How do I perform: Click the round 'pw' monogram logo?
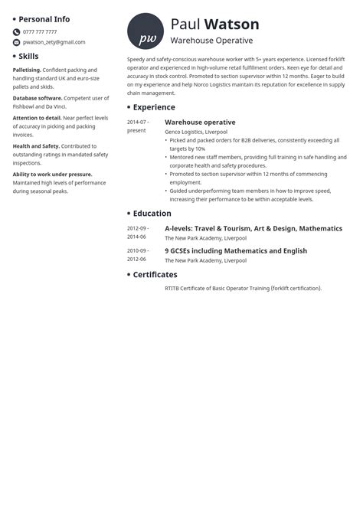pos(145,31)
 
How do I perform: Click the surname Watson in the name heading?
pos(232,25)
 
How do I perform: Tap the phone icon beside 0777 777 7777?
pos(16,32)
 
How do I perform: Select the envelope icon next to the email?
pos(16,43)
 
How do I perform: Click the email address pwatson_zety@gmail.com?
pos(54,43)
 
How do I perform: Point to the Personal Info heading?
pos(44,19)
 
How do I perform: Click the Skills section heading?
pos(28,57)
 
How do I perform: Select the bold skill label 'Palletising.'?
pos(27,70)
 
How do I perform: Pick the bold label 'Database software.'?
pos(38,98)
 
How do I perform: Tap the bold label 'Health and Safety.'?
pos(36,146)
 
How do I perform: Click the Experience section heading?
pos(154,107)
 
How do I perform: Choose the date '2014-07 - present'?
pos(138,126)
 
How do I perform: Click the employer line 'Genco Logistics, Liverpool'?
pos(196,132)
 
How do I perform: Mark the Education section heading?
pos(152,214)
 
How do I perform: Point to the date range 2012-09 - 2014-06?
pos(138,233)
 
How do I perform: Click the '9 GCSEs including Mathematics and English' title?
pos(236,250)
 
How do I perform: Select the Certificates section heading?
pos(155,274)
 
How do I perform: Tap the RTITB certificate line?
pos(243,289)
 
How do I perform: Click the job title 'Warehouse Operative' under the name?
pos(211,41)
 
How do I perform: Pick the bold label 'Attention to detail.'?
pos(38,118)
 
